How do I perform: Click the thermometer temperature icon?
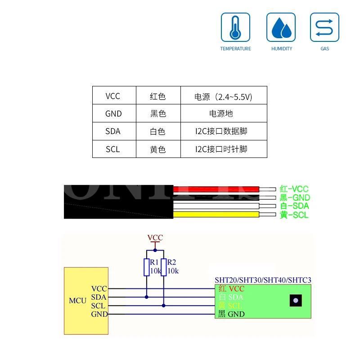(x=235, y=27)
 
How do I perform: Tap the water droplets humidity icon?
(x=281, y=27)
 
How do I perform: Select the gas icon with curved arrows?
(x=324, y=27)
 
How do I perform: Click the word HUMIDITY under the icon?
(x=282, y=49)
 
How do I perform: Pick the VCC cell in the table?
(x=113, y=96)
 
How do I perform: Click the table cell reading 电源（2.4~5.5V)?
(x=223, y=96)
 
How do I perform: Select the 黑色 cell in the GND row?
(x=158, y=114)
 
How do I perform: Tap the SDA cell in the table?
(x=113, y=131)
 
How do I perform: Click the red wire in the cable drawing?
(x=216, y=189)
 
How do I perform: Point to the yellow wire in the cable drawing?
(x=216, y=215)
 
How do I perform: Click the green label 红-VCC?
(x=294, y=189)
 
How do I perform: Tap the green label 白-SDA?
(x=294, y=206)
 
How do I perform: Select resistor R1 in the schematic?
(x=146, y=267)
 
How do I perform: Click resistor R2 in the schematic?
(x=163, y=267)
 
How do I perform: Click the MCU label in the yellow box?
(x=77, y=300)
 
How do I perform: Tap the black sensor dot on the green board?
(x=295, y=300)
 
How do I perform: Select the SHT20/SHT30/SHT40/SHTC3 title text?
(x=263, y=280)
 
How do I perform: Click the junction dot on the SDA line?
(x=146, y=297)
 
